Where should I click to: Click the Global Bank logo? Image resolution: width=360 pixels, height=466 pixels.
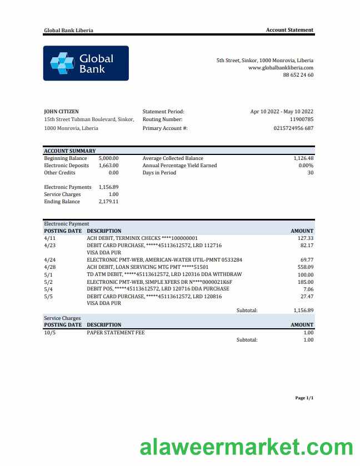[86, 63]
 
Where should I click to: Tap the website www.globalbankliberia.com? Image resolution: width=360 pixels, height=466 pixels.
[281, 67]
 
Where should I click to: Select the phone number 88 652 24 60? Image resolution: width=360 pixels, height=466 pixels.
[298, 74]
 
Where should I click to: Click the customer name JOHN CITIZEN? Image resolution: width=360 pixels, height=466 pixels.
[61, 111]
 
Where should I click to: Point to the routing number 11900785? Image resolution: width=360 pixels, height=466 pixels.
[302, 119]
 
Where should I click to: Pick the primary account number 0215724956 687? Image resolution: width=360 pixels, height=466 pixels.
[293, 128]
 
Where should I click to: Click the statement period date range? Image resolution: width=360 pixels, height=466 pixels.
[282, 111]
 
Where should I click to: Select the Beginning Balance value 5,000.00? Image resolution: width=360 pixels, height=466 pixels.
[108, 158]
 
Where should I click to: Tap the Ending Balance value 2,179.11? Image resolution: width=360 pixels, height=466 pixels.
[108, 202]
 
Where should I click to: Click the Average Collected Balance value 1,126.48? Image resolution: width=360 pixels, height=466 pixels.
[303, 158]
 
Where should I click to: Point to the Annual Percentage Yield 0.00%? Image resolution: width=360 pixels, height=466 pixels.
[306, 166]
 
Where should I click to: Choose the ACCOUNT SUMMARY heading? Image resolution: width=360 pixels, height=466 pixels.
[69, 151]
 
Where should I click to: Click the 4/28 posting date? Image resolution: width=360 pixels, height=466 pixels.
[49, 267]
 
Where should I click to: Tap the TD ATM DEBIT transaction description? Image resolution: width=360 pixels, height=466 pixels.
[164, 274]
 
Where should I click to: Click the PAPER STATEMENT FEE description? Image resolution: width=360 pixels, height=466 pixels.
[116, 332]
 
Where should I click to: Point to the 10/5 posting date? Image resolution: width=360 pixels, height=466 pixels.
[49, 332]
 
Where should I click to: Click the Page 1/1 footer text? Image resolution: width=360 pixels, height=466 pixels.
[304, 398]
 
